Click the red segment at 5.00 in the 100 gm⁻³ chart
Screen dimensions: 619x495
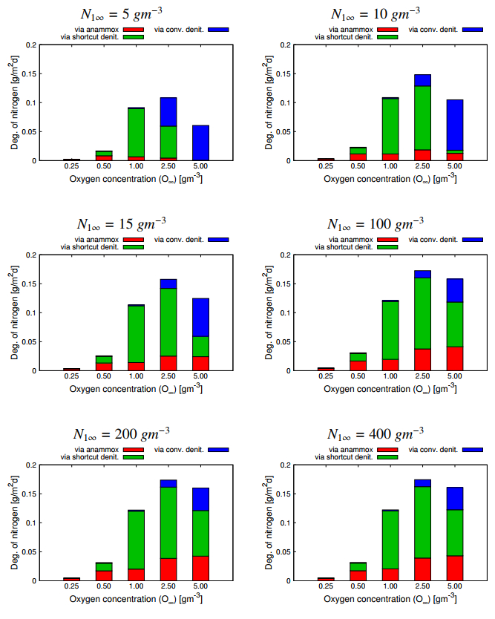(x=455, y=358)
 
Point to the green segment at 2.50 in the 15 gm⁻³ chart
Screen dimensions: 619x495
(x=168, y=322)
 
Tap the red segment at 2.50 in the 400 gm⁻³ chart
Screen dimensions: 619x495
(x=423, y=569)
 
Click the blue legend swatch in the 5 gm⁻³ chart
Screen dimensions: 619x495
(x=219, y=29)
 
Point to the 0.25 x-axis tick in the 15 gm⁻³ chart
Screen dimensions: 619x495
(x=72, y=376)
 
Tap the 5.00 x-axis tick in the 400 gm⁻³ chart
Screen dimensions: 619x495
(x=455, y=586)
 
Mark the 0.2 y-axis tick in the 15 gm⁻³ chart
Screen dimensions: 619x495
(x=29, y=255)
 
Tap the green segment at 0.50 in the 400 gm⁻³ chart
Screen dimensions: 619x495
(x=359, y=566)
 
